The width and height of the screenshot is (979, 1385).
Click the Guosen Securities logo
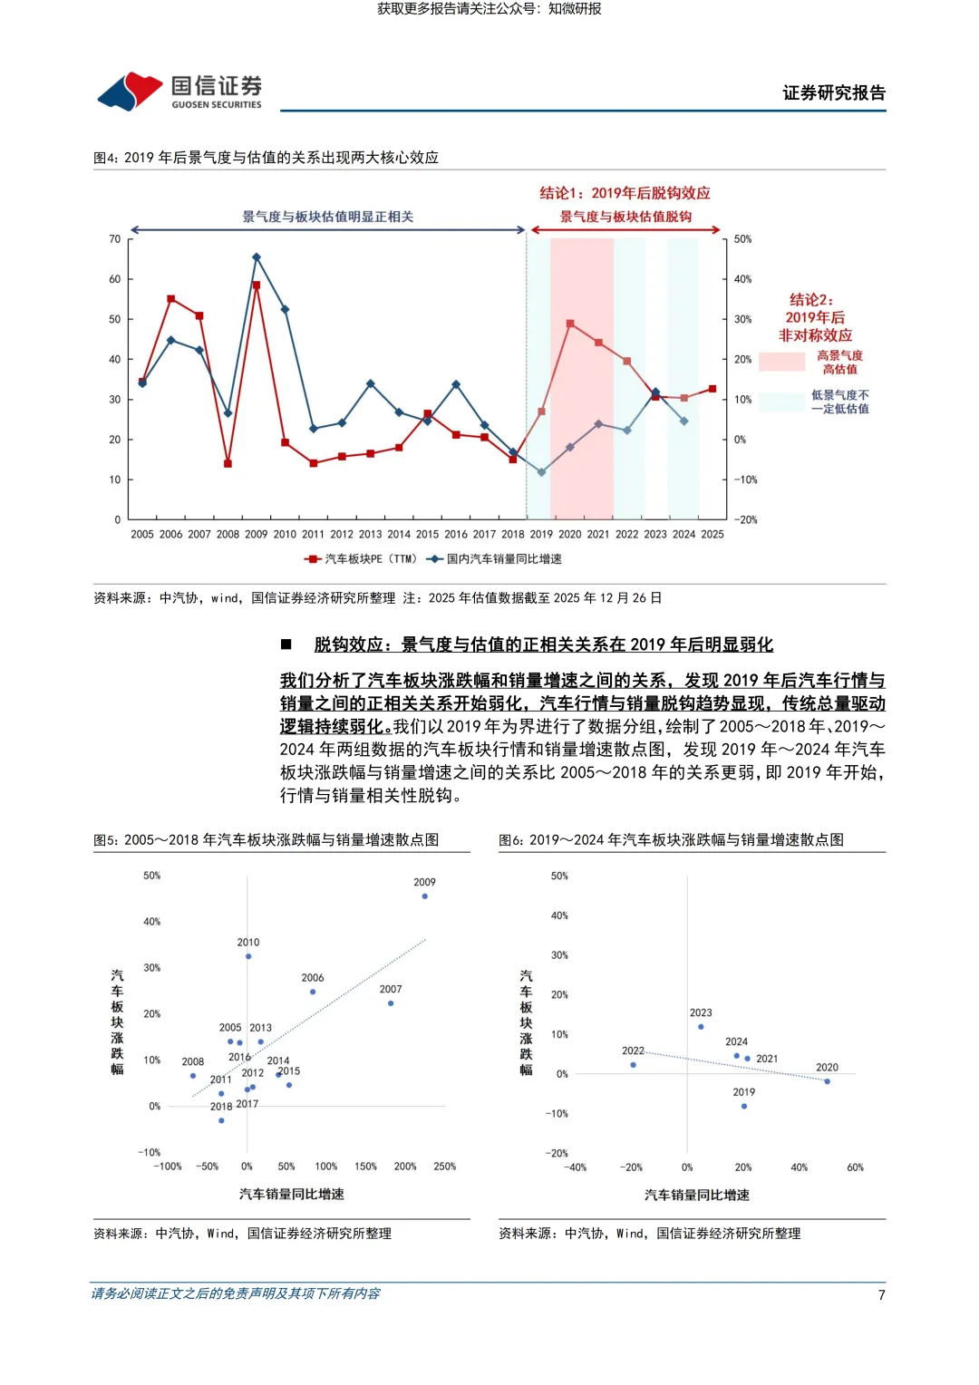click(x=179, y=91)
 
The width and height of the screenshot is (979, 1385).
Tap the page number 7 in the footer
click(x=881, y=1294)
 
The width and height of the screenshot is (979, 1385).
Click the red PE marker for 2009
click(x=257, y=286)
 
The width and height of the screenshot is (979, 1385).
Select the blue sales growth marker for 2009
click(x=257, y=257)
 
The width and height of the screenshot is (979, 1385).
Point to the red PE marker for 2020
click(x=570, y=324)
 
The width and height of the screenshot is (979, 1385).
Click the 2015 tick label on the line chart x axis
click(x=427, y=535)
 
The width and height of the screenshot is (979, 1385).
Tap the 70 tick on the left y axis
click(x=114, y=239)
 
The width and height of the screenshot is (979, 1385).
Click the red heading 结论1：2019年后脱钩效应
click(x=625, y=193)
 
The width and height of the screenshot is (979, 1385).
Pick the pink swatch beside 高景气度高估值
click(x=781, y=362)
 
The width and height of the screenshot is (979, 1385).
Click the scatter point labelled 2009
click(x=425, y=896)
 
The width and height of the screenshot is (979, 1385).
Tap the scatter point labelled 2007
click(x=391, y=1003)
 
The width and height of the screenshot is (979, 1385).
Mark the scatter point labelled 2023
click(x=701, y=1027)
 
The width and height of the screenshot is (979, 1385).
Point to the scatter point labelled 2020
click(x=827, y=1081)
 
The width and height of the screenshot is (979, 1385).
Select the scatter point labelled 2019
click(x=744, y=1106)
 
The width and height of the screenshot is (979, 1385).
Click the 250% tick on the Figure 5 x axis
click(x=444, y=1167)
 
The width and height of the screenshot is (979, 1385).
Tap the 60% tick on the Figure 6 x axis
click(x=855, y=1167)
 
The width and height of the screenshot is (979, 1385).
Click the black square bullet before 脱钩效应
click(x=286, y=644)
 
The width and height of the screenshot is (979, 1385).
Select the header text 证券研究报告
click(x=834, y=92)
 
